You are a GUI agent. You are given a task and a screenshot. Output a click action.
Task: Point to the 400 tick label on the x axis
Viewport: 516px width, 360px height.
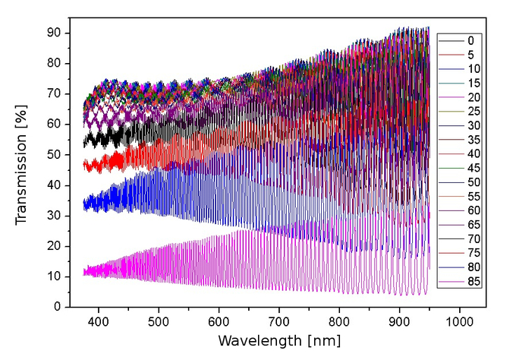99,322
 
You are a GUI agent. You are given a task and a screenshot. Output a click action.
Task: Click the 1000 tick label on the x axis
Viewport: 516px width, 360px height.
460,322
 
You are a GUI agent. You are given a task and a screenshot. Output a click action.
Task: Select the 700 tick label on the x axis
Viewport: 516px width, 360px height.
279,322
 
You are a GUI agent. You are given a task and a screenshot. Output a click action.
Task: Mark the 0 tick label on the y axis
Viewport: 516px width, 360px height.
58,307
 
